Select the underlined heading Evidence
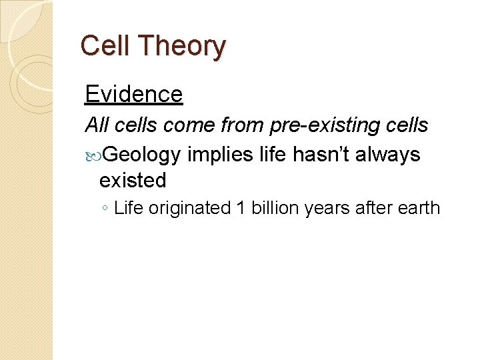(x=133, y=94)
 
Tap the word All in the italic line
(x=97, y=125)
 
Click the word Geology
(x=142, y=155)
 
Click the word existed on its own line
(x=132, y=180)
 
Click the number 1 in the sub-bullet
(x=241, y=208)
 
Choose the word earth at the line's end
(x=419, y=208)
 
